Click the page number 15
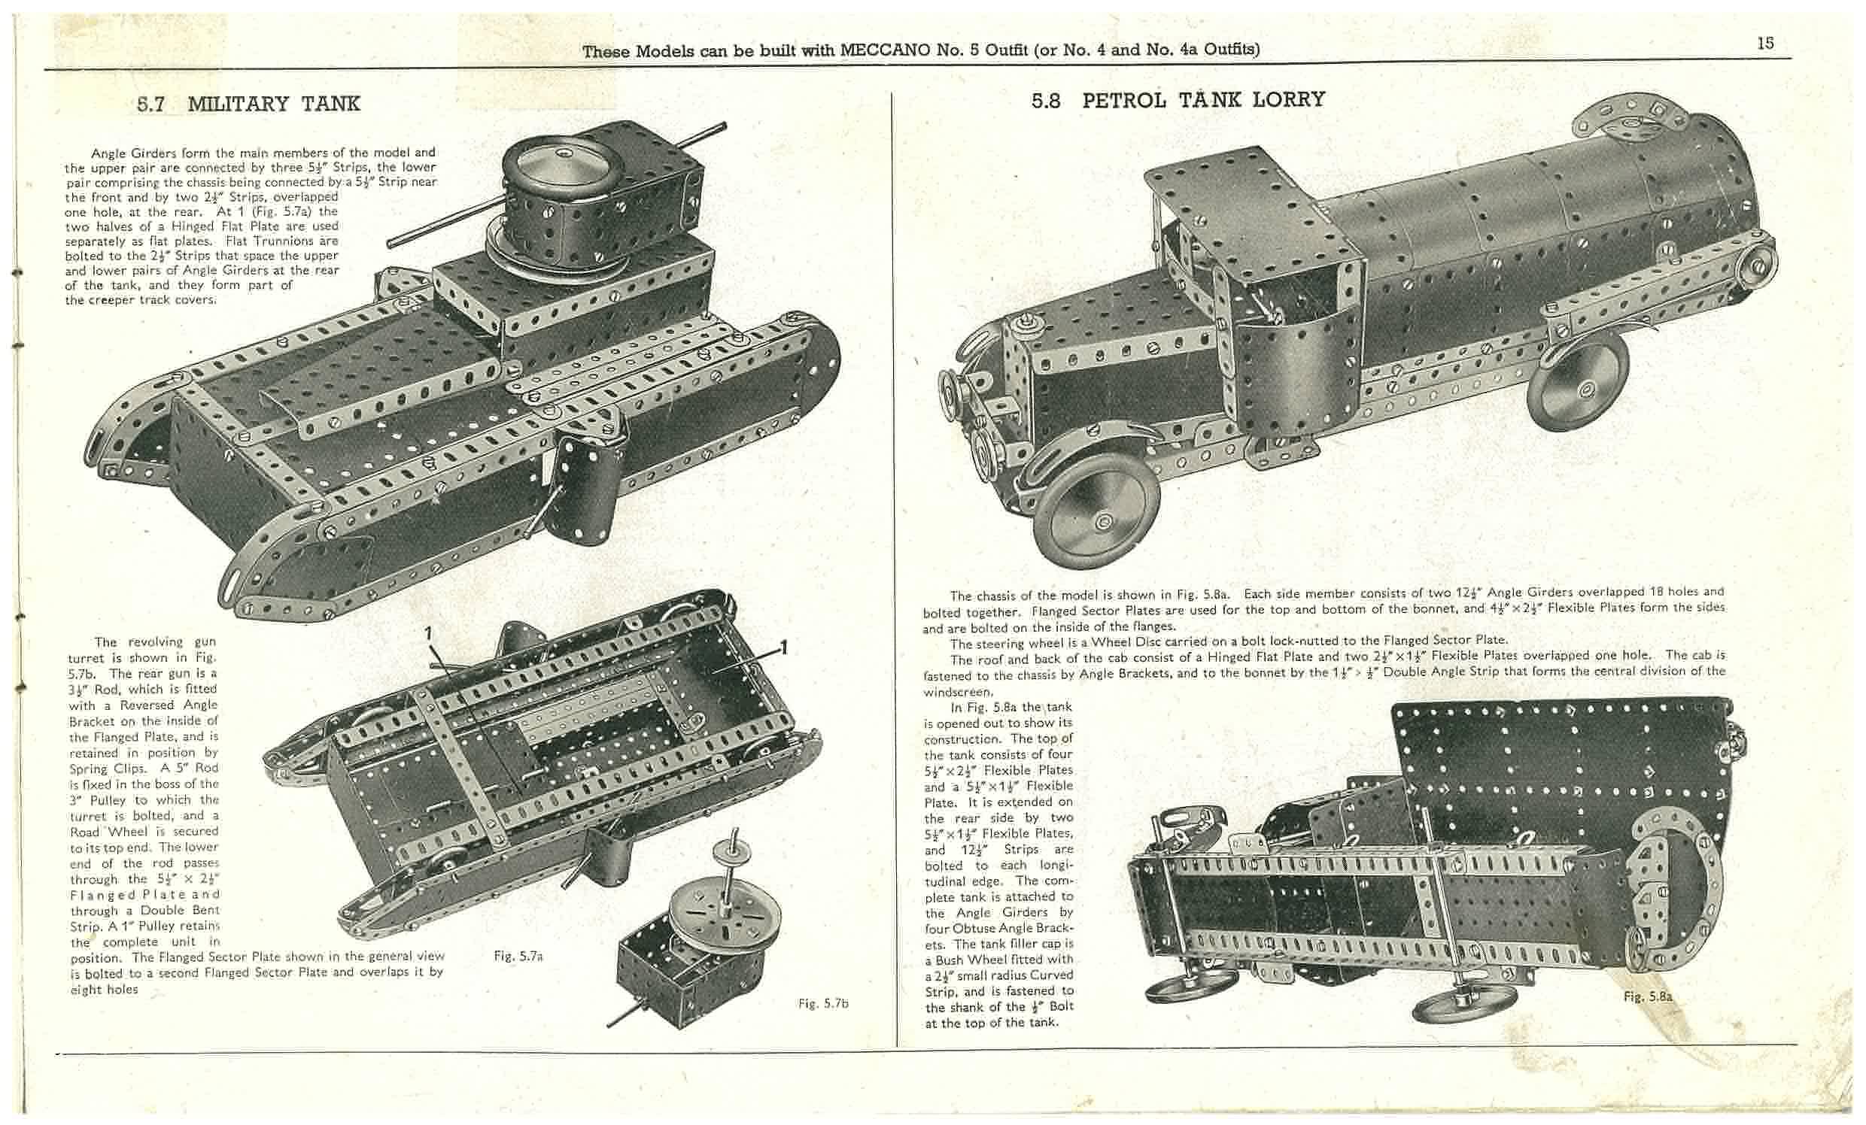tap(1765, 43)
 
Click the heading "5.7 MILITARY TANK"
tap(248, 104)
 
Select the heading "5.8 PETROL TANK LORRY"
tap(1178, 100)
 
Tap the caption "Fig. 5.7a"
tap(518, 956)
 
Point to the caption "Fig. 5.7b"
tap(823, 1003)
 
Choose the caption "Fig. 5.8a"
tap(1647, 996)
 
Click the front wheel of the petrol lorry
tap(1098, 517)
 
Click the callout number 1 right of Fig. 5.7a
tap(784, 648)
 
